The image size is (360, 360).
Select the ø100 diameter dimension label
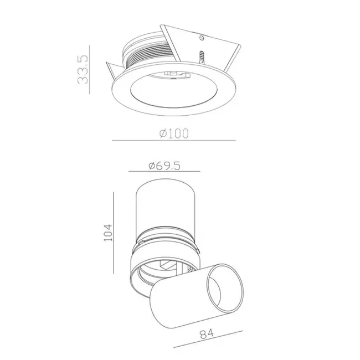(173, 133)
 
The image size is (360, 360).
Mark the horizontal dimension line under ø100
(173, 141)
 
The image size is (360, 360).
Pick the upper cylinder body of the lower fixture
(166, 205)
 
